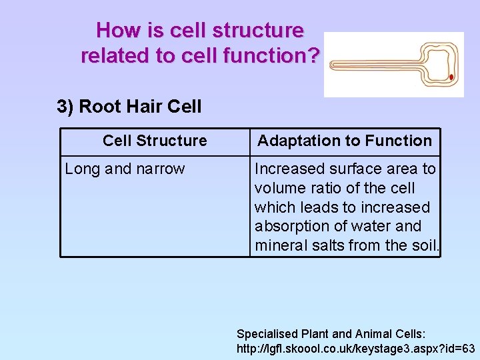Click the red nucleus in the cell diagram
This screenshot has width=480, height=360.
point(451,77)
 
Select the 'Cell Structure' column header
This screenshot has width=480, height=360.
point(155,141)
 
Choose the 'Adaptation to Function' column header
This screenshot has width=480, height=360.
point(345,141)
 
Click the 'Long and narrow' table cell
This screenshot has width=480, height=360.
point(125,169)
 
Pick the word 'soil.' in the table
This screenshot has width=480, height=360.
point(423,245)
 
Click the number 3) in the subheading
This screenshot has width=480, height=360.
point(65,107)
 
